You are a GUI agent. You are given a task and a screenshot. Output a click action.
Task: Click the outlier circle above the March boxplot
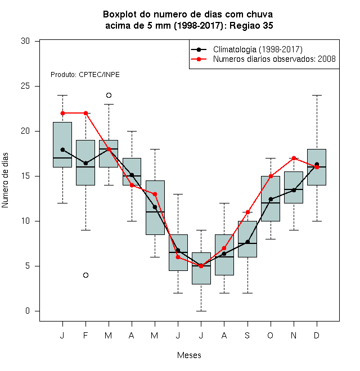(x=109, y=96)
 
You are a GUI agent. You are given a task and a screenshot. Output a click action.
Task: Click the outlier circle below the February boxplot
(x=85, y=275)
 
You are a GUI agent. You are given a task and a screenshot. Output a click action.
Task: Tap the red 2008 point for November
(x=294, y=158)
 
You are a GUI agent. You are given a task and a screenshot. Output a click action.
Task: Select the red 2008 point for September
(x=247, y=212)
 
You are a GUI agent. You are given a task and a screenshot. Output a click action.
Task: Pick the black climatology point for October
(x=271, y=199)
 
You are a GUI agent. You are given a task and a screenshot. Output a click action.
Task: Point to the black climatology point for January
(x=62, y=150)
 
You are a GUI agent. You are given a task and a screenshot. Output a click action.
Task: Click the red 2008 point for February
(x=85, y=113)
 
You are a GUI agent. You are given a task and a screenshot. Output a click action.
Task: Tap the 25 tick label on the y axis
(x=25, y=86)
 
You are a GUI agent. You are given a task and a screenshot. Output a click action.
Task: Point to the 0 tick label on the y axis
(x=28, y=311)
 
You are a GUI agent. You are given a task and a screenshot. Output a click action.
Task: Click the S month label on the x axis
(x=247, y=335)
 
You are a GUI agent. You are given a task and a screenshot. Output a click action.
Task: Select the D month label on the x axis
(x=317, y=335)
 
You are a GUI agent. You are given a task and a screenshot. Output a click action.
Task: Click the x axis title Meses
(x=189, y=355)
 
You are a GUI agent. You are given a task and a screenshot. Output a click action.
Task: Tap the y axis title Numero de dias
(x=5, y=180)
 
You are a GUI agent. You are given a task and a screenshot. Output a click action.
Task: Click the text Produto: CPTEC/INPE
(x=85, y=75)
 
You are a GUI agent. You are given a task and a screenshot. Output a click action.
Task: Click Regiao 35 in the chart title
(x=251, y=25)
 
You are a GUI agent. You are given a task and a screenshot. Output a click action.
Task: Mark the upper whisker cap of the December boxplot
(x=317, y=95)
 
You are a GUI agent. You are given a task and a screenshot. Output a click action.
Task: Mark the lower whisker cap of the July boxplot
(x=201, y=311)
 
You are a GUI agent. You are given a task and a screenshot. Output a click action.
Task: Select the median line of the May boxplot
(x=155, y=212)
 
